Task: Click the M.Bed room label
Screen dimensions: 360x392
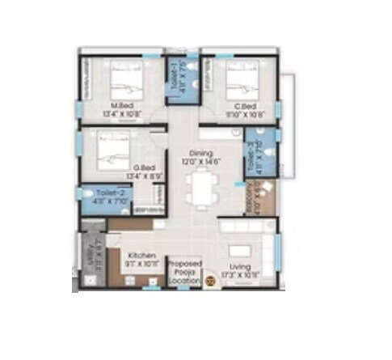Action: [x=123, y=106]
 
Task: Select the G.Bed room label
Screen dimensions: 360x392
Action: [x=123, y=167]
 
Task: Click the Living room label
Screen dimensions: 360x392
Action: [x=238, y=267]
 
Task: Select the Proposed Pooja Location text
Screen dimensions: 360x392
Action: [x=185, y=271]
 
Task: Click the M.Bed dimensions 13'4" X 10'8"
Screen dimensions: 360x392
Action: [x=123, y=114]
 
